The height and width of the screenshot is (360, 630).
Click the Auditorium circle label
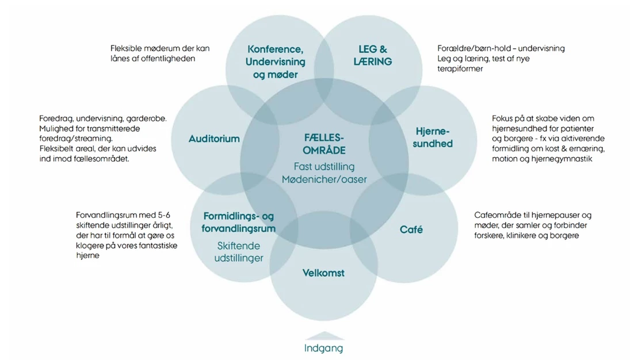214,139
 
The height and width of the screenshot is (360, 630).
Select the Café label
411,229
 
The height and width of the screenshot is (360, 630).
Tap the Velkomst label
323,273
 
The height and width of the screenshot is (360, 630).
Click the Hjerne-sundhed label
432,137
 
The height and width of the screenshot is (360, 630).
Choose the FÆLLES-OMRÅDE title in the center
324,144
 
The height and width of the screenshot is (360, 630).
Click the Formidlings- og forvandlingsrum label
239,222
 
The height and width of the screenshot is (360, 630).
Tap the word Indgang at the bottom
323,348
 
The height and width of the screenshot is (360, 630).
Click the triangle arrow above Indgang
324,336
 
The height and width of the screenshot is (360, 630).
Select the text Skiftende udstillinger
239,251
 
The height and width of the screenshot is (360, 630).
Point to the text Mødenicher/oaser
324,179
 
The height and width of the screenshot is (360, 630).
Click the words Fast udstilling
324,167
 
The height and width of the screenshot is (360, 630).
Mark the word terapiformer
460,69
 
